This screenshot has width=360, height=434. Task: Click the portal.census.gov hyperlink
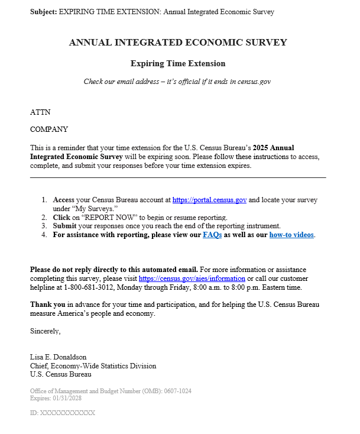point(210,200)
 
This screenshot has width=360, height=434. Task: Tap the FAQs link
point(212,235)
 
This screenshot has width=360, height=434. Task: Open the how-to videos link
point(291,235)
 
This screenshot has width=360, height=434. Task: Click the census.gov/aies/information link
point(192,278)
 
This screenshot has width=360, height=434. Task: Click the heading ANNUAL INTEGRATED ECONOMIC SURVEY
point(178,43)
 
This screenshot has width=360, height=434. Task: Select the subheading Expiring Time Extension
point(178,63)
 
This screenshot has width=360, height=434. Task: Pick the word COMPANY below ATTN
point(49,129)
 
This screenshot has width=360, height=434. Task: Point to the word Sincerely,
point(46,331)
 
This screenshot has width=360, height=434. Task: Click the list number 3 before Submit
point(44,226)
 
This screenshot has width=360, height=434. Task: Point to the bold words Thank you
point(47,305)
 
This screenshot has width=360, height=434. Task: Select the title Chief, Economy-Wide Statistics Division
point(93,366)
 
